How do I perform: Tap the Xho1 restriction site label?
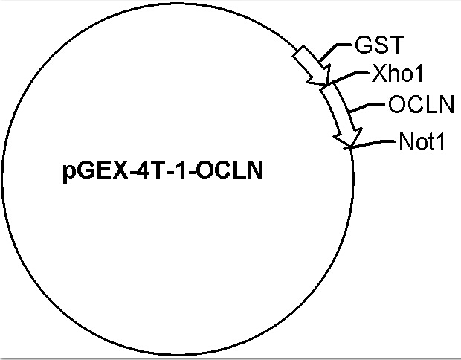click(397, 73)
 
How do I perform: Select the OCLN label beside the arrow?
click(421, 104)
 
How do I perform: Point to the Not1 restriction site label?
click(422, 142)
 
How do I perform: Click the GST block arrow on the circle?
click(312, 65)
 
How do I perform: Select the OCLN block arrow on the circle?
click(341, 115)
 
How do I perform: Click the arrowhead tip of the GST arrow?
click(327, 85)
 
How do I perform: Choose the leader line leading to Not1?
click(370, 144)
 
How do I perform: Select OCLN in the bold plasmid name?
click(229, 170)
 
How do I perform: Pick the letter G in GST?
click(362, 45)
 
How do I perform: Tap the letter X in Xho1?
click(379, 73)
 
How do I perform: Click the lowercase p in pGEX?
click(68, 173)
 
